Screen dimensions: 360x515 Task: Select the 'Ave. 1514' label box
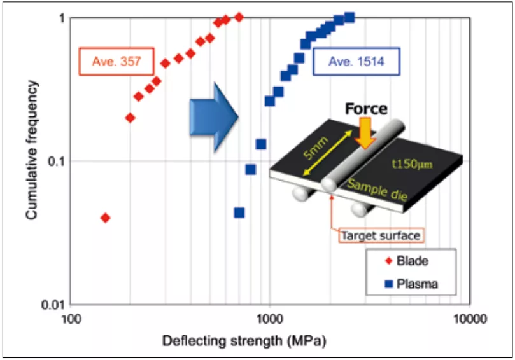(x=356, y=62)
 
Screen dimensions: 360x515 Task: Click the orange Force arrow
(x=366, y=133)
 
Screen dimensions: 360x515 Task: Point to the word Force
(x=366, y=109)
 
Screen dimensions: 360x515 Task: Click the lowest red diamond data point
(x=106, y=218)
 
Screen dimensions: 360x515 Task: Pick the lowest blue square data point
(x=239, y=212)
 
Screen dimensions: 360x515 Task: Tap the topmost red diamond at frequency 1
(x=239, y=17)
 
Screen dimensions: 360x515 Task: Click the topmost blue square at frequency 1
(x=349, y=17)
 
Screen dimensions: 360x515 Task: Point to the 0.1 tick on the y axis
(x=56, y=162)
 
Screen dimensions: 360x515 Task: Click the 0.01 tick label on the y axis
(x=53, y=305)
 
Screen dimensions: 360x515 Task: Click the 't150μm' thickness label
(x=413, y=165)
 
